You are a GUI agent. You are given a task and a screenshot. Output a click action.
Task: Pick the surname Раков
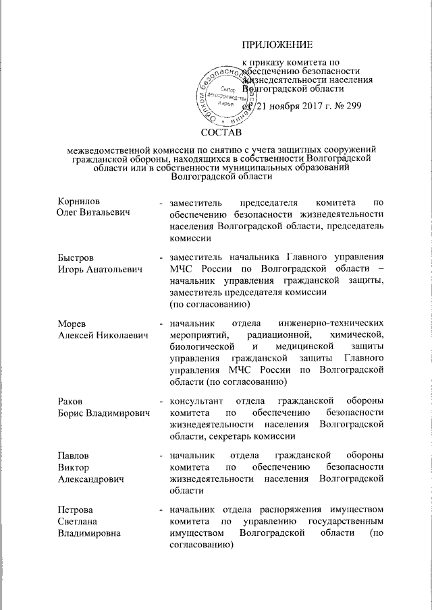click(71, 402)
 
